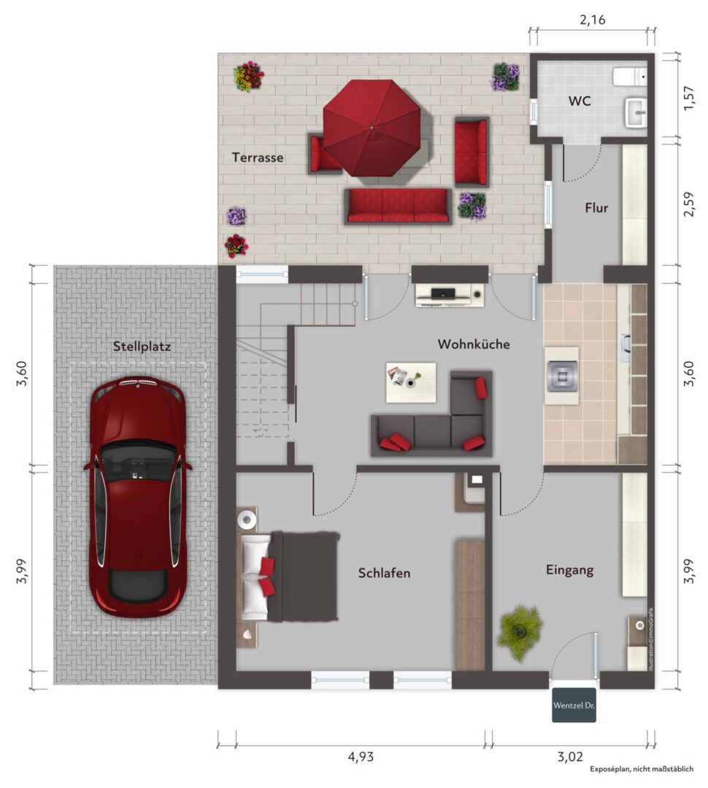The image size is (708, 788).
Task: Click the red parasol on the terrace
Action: pyautogui.click(x=372, y=128)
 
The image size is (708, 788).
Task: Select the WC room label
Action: pyautogui.click(x=580, y=101)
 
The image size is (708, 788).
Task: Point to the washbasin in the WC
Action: pyautogui.click(x=636, y=112)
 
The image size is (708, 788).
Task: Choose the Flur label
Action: pyautogui.click(x=596, y=207)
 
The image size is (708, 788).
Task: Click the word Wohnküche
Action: pyautogui.click(x=474, y=344)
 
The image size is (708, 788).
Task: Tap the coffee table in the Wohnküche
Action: pyautogui.click(x=411, y=382)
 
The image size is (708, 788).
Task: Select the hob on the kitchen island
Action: pyautogui.click(x=561, y=375)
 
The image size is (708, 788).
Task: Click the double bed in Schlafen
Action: pyautogui.click(x=289, y=576)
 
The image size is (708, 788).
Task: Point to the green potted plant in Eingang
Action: pyautogui.click(x=520, y=633)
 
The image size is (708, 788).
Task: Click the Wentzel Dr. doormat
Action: pyautogui.click(x=574, y=705)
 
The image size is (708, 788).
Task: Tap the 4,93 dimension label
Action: pyautogui.click(x=361, y=757)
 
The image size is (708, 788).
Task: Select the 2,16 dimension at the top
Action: pyautogui.click(x=593, y=20)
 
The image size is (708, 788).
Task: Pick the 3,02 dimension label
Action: pyautogui.click(x=570, y=757)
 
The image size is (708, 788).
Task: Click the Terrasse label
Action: pyautogui.click(x=258, y=158)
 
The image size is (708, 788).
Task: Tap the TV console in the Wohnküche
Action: pyautogui.click(x=450, y=295)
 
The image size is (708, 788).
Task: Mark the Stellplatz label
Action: pyautogui.click(x=142, y=347)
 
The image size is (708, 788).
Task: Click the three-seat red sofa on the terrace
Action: pyautogui.click(x=398, y=206)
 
